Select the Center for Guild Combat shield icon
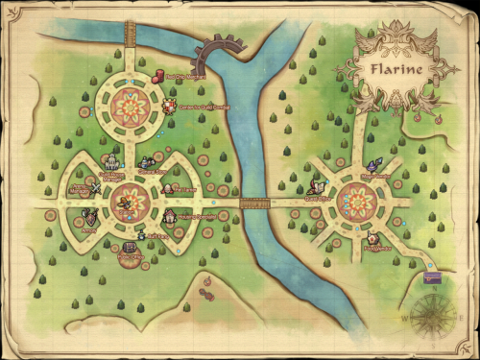[169, 106]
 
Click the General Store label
[153, 173]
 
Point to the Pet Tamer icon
[171, 189]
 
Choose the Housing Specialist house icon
[168, 217]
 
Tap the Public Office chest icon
[127, 249]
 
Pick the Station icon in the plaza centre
[125, 203]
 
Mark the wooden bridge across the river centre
[254, 203]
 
